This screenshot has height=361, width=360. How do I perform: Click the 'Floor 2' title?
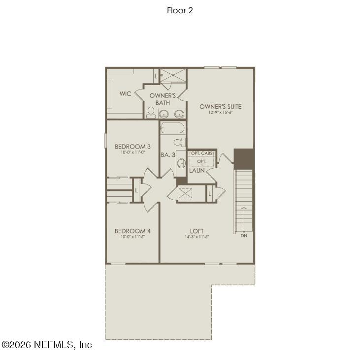pos(180,10)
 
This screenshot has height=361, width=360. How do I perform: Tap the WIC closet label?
pos(125,93)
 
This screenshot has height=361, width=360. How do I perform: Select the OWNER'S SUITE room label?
pos(220,106)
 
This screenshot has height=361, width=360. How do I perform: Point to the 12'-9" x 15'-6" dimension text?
pos(220,113)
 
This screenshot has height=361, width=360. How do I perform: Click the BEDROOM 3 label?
pos(132,146)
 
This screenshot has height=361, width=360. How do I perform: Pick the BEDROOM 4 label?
pos(132,231)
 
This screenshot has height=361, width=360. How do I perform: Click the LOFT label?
pos(197,231)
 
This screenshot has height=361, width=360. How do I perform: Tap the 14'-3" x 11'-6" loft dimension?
pos(197,237)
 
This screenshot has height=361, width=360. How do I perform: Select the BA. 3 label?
pos(168,154)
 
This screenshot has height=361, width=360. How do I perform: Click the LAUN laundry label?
pos(197,171)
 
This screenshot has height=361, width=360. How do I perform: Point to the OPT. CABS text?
pos(202,153)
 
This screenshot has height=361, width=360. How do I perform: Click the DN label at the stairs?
pos(244,236)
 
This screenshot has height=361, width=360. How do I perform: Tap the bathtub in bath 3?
pos(172,129)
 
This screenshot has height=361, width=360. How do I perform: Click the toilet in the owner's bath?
pos(150,113)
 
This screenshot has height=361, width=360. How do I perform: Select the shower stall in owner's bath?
pos(173,76)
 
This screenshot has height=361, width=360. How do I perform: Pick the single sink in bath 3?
pos(181,163)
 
